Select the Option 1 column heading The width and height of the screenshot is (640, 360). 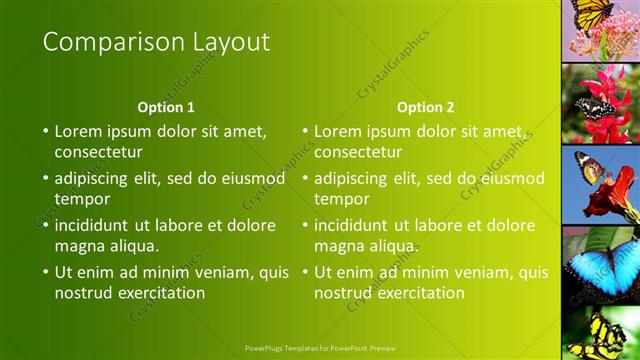[165, 107]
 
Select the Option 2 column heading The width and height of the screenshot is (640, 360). [425, 107]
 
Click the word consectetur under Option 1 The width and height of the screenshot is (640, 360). [98, 152]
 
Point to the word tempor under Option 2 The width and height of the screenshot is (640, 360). [342, 199]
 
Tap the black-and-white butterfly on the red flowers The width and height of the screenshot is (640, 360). [595, 109]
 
